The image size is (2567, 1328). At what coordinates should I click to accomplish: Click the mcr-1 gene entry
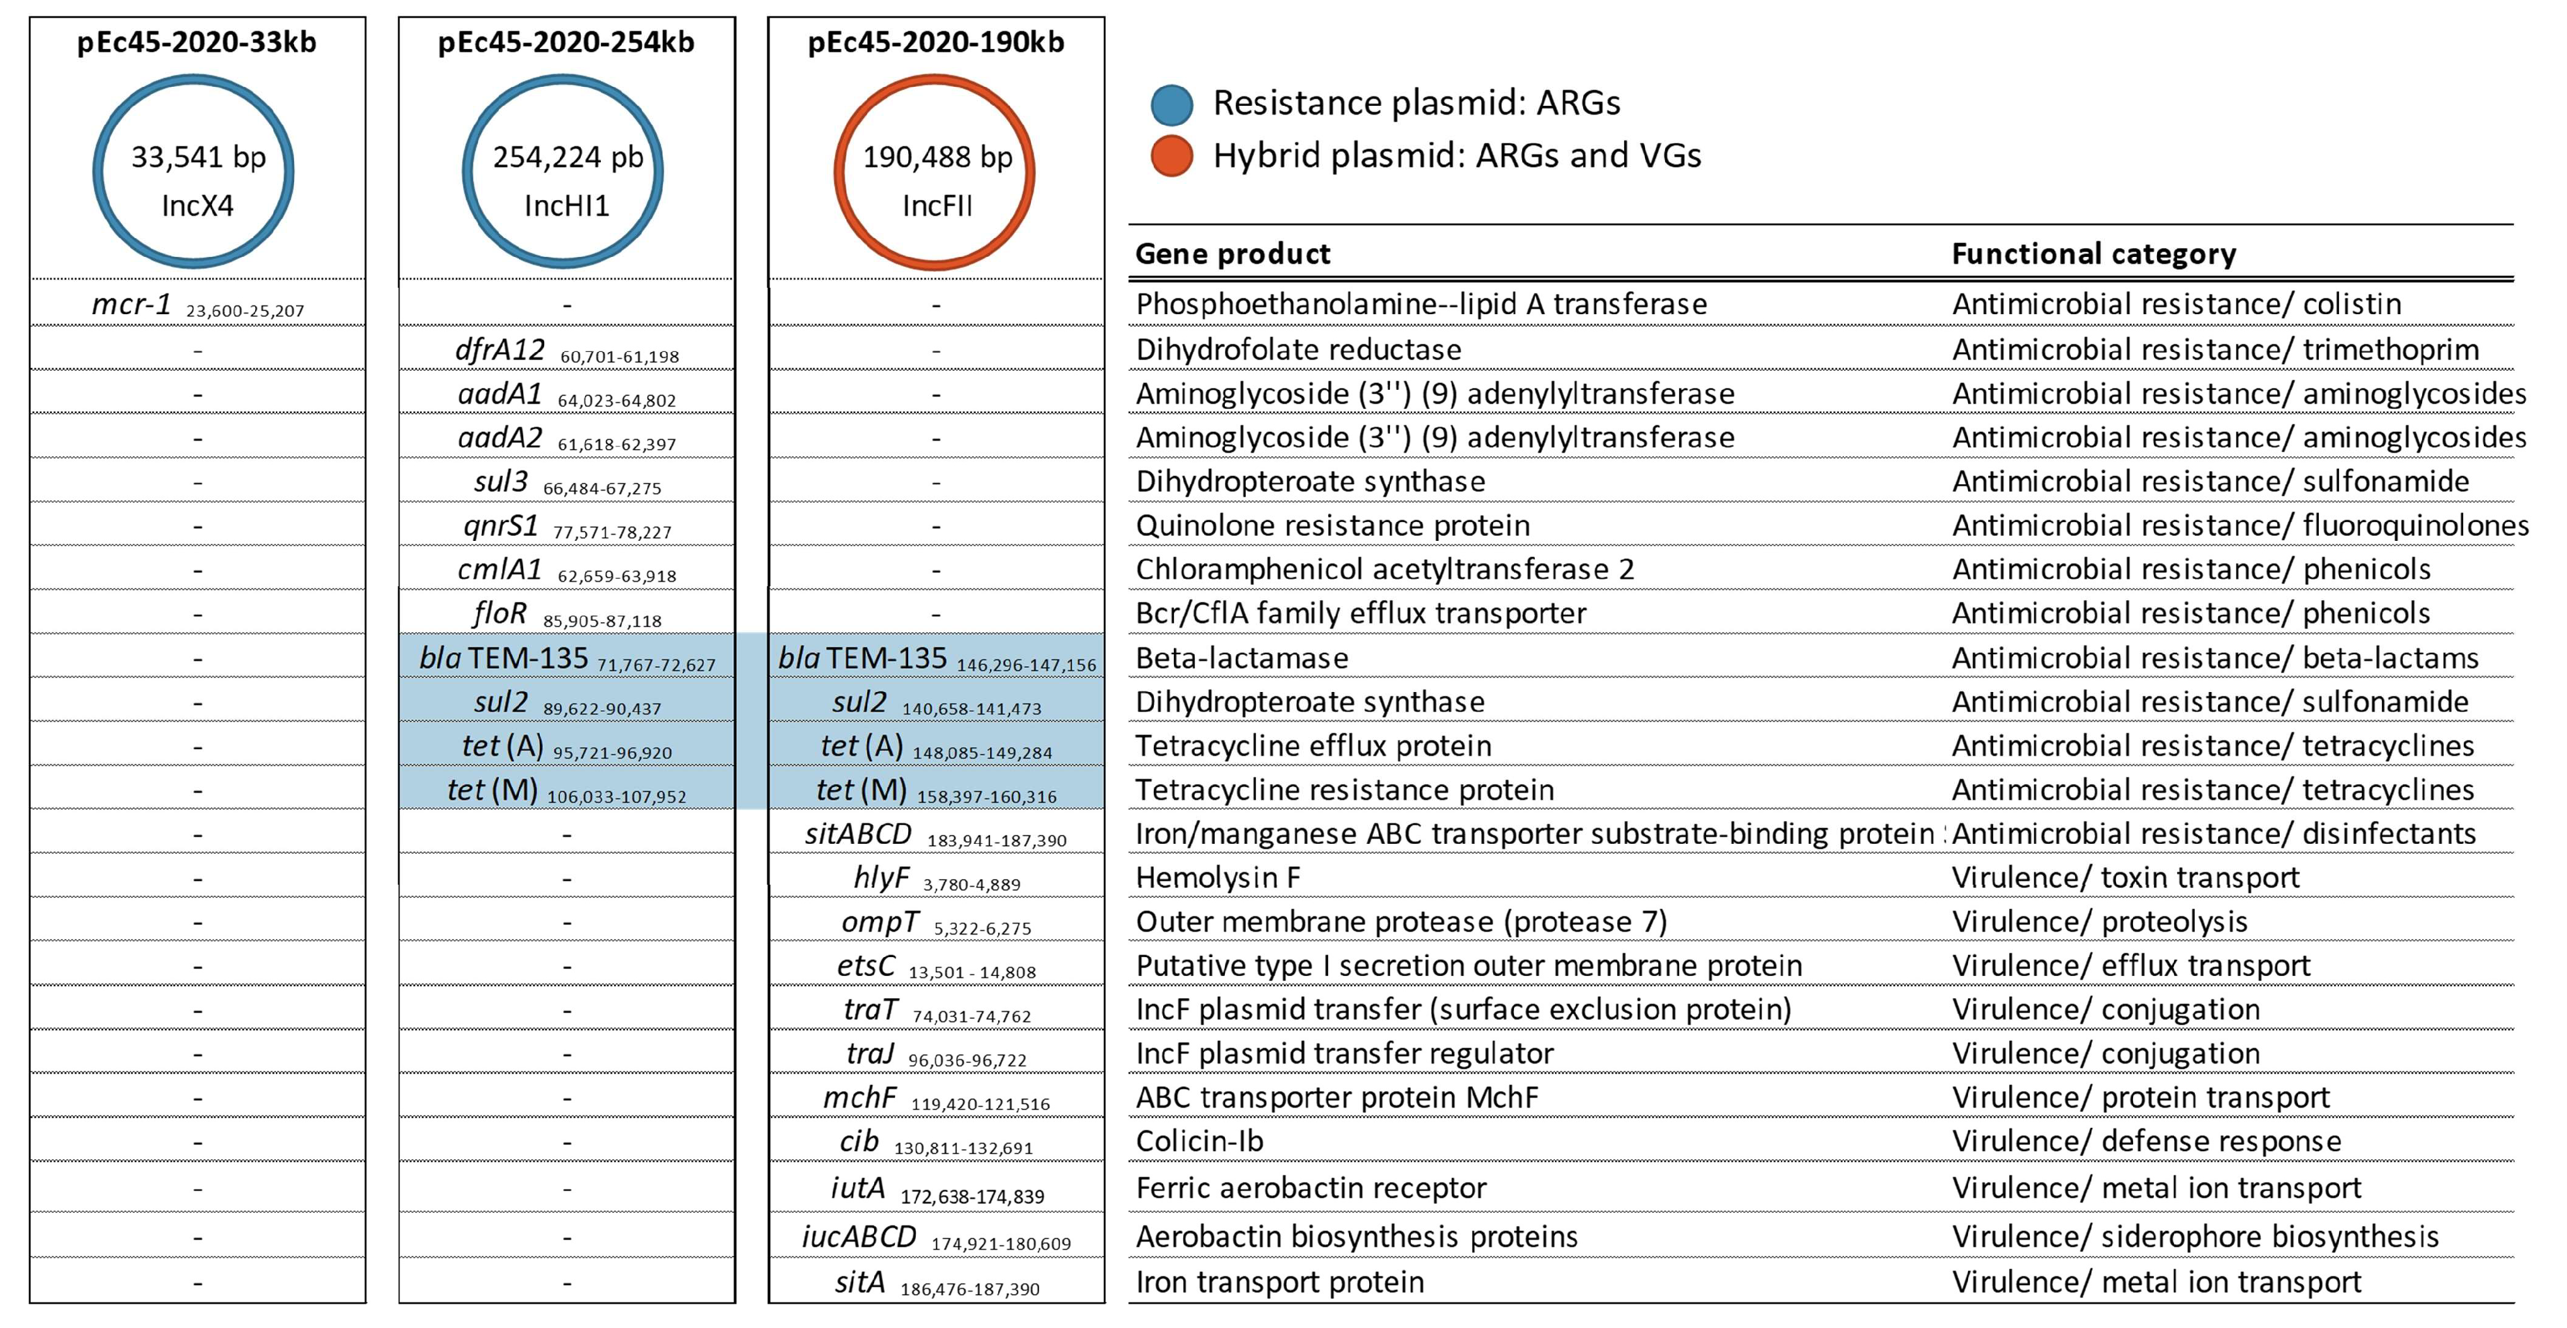coord(196,305)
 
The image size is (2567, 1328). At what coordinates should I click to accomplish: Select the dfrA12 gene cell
coord(566,351)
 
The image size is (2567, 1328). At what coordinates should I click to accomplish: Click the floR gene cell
coord(566,615)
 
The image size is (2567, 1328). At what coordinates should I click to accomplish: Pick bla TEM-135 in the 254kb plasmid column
coord(566,659)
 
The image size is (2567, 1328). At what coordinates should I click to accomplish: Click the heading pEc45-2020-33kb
coord(196,43)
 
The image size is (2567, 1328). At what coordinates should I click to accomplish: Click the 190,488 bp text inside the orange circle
coord(936,157)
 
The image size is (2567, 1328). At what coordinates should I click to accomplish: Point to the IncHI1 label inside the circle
coord(566,207)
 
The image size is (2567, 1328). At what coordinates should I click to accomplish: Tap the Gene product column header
coord(1232,254)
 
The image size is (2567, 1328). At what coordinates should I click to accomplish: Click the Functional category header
coord(2093,254)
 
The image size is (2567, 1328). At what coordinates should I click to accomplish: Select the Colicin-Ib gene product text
coord(1199,1142)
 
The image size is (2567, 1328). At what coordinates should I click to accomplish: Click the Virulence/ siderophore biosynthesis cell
coord(2194,1237)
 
